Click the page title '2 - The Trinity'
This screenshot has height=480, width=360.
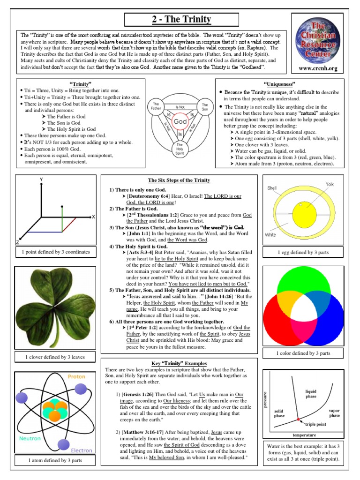point(181,20)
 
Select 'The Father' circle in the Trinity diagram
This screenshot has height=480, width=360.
point(156,106)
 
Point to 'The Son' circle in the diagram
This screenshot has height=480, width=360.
point(205,106)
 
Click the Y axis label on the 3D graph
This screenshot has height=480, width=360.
point(41,180)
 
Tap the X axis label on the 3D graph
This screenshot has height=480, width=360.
point(94,217)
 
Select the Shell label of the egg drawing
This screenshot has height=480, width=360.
point(272,188)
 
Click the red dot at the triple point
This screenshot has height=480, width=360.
point(298,419)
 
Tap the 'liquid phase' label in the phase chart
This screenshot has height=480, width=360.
point(311,394)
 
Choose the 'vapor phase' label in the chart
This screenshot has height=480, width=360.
point(334,413)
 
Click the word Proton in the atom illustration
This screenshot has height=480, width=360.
point(77,376)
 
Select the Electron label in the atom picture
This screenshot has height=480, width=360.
point(82,450)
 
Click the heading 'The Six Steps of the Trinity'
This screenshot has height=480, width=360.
point(179,180)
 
